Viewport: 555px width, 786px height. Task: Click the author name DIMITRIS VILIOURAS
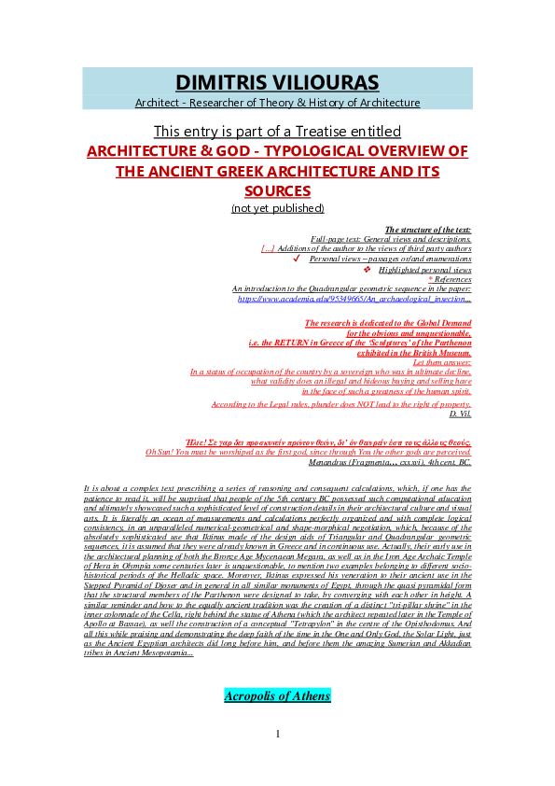point(277,81)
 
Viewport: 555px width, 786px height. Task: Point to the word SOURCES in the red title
point(277,190)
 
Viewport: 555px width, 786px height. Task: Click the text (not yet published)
point(277,208)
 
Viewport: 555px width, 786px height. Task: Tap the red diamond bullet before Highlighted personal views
point(367,269)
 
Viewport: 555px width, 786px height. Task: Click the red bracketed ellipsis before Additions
point(268,249)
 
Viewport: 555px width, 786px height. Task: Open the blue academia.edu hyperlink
point(354,299)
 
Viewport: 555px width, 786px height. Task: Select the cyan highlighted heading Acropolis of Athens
point(277,696)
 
